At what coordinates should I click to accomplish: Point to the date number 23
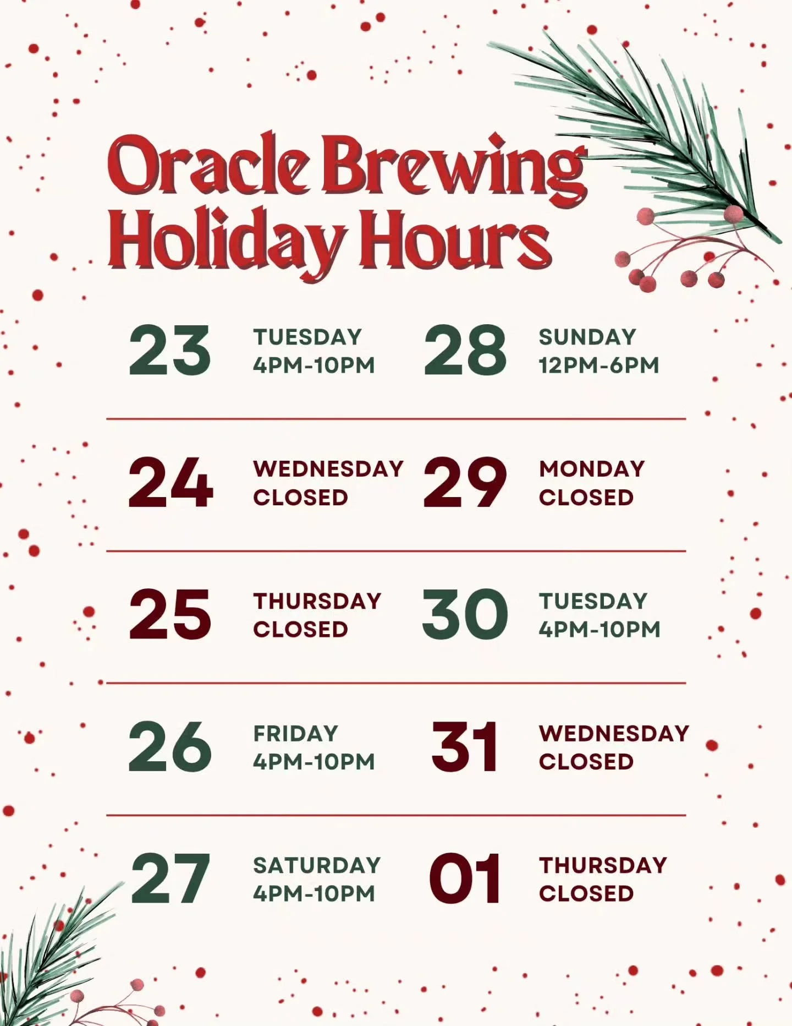pyautogui.click(x=169, y=351)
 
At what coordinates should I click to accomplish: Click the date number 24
pyautogui.click(x=170, y=483)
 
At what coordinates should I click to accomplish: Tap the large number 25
pyautogui.click(x=170, y=614)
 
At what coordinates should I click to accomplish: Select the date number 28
pyautogui.click(x=465, y=351)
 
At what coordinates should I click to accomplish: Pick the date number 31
pyautogui.click(x=465, y=747)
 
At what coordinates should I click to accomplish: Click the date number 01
pyautogui.click(x=465, y=879)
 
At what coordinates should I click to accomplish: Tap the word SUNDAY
pyautogui.click(x=587, y=337)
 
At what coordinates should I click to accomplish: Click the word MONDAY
pyautogui.click(x=592, y=469)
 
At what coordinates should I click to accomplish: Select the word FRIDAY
pyautogui.click(x=295, y=733)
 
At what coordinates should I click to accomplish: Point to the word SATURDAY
pyautogui.click(x=317, y=865)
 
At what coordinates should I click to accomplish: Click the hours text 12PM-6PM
pyautogui.click(x=599, y=365)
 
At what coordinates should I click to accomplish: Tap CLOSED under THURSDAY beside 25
pyautogui.click(x=300, y=629)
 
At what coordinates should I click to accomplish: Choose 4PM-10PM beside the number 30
pyautogui.click(x=599, y=629)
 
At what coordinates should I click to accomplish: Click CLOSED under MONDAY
pyautogui.click(x=586, y=498)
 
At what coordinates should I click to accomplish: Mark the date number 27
pyautogui.click(x=170, y=879)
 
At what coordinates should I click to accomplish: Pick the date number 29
pyautogui.click(x=465, y=483)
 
